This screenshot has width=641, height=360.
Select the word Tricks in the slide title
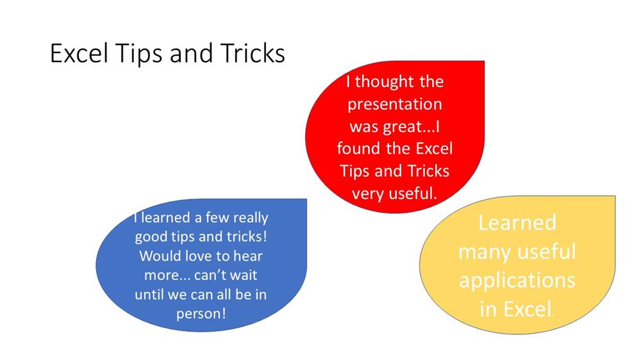[x=253, y=53]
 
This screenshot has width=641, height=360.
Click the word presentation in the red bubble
[x=395, y=104]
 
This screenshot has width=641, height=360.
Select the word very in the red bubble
[x=367, y=193]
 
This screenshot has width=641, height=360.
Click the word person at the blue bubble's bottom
[x=201, y=315]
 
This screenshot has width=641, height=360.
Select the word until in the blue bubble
[x=149, y=294]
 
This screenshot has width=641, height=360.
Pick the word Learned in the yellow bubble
[x=517, y=223]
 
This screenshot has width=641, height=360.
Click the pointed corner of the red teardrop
[x=485, y=61]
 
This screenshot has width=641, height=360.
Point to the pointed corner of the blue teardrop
[x=306, y=199]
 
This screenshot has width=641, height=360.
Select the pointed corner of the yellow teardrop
[x=615, y=196]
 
